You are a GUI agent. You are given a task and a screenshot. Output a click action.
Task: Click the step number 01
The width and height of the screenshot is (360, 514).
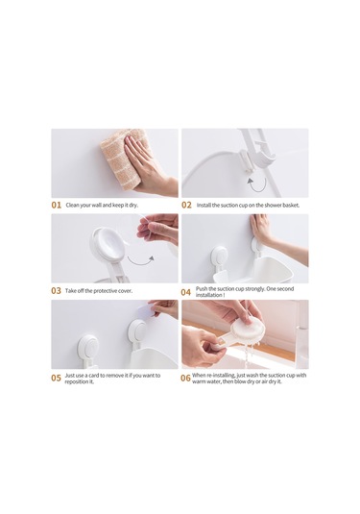point(57,206)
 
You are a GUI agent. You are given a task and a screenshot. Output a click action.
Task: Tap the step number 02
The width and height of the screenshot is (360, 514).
point(186,206)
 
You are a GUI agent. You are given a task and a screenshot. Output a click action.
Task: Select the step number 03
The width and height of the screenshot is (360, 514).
point(56,291)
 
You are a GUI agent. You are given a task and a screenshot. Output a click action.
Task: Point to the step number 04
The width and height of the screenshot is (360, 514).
point(185,292)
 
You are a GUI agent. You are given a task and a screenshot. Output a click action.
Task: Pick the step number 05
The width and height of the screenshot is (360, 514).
point(56,378)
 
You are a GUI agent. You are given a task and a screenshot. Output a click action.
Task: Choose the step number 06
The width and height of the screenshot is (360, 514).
point(185,378)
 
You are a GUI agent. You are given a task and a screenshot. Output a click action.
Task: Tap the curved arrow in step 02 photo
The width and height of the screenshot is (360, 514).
point(256,185)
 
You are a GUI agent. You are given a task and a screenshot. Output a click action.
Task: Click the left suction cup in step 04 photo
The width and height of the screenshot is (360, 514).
point(219,257)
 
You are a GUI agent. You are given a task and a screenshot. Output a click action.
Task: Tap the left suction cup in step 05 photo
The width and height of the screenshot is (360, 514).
point(88,346)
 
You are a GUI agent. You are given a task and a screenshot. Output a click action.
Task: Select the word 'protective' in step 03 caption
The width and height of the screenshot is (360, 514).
point(105,291)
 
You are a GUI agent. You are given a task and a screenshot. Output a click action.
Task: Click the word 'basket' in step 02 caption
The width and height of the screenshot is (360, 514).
point(291,206)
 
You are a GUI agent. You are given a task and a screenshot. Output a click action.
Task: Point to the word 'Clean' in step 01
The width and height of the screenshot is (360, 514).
point(72,206)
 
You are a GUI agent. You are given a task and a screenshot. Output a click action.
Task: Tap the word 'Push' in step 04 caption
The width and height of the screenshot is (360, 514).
point(202,289)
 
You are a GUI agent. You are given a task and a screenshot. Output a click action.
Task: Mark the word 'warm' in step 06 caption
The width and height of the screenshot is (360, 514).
point(199,381)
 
